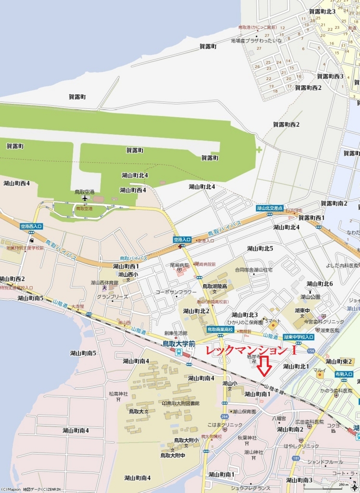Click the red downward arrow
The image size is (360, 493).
(x=264, y=366)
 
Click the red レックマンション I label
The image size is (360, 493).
(x=250, y=350)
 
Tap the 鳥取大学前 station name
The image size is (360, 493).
(x=178, y=344)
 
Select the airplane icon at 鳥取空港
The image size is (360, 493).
(x=85, y=198)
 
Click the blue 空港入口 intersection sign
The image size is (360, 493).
(x=182, y=239)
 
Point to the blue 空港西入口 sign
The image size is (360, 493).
(x=31, y=226)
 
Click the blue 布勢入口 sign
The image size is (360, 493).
(x=344, y=374)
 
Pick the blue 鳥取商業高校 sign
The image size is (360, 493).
(x=220, y=329)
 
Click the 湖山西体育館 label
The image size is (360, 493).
(x=104, y=283)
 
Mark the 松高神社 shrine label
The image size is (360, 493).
(x=118, y=394)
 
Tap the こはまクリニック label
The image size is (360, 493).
(x=225, y=425)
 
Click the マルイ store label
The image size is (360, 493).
(x=320, y=370)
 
